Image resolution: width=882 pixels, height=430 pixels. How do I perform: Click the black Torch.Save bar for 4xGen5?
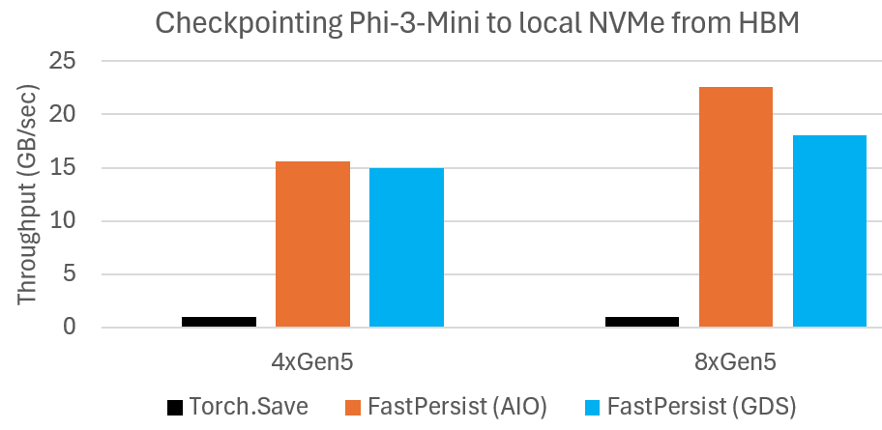219,322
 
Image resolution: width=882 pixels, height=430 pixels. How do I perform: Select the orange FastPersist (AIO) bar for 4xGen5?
312,244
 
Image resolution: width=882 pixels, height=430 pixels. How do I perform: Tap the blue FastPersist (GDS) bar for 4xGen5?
406,247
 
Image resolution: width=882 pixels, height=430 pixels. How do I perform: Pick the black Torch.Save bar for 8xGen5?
642,322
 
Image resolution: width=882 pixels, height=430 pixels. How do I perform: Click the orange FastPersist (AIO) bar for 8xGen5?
736,207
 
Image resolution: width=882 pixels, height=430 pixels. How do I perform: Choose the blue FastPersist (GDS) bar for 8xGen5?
830,231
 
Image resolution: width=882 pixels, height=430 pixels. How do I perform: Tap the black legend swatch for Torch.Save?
175,407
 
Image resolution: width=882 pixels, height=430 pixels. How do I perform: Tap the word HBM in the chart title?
769,23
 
